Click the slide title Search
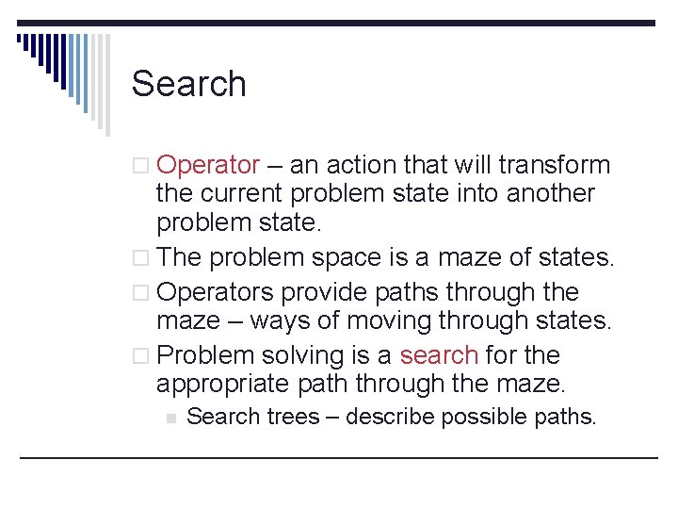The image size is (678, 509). [x=188, y=84]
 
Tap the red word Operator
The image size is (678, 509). [x=208, y=165]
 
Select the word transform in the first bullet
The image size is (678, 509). [x=555, y=165]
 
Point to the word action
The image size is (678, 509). [x=363, y=165]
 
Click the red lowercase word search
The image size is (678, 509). [x=439, y=355]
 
